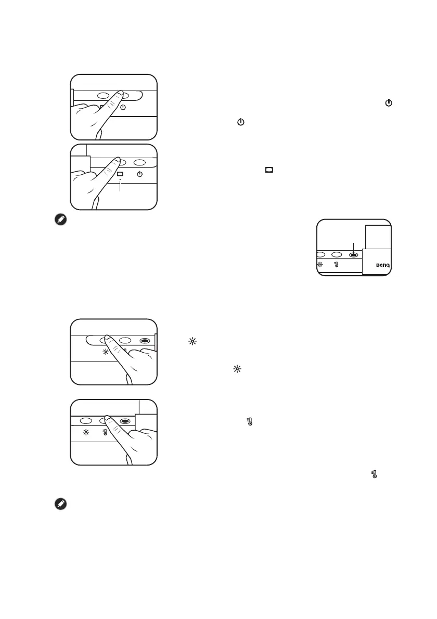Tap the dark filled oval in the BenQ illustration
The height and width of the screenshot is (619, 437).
pyautogui.click(x=353, y=255)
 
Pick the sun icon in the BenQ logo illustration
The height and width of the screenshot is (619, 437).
pyautogui.click(x=320, y=265)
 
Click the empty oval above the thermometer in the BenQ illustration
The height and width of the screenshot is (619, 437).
pyautogui.click(x=337, y=255)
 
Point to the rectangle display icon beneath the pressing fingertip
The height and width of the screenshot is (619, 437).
pyautogui.click(x=120, y=174)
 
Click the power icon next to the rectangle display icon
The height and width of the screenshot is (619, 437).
pyautogui.click(x=139, y=174)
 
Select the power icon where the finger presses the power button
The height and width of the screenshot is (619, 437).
pyautogui.click(x=123, y=108)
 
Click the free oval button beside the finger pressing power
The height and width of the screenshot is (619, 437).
pyautogui.click(x=103, y=96)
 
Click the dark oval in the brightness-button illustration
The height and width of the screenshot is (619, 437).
pyautogui.click(x=146, y=341)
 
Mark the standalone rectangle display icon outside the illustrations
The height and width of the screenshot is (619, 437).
pyautogui.click(x=269, y=170)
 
